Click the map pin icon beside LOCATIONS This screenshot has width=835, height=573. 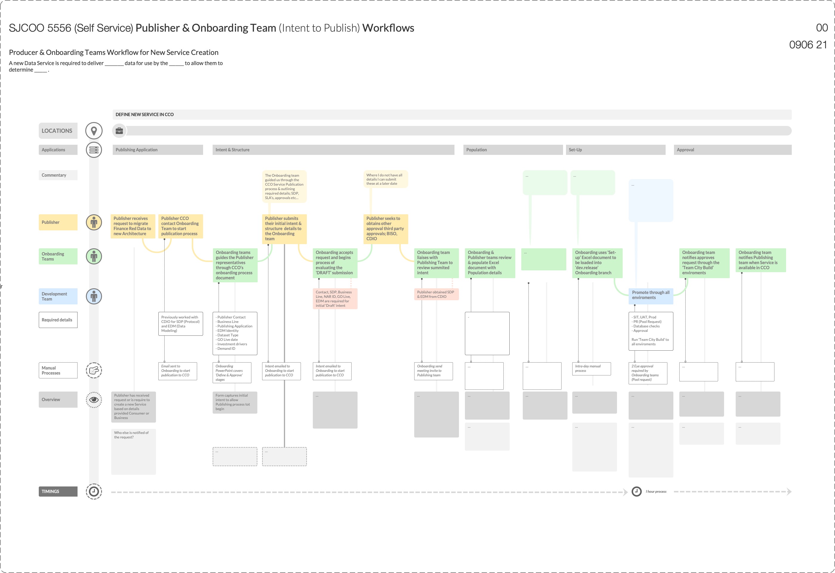[x=94, y=130]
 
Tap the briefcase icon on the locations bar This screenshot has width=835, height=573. [x=119, y=131]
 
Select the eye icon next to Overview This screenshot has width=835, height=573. [x=94, y=400]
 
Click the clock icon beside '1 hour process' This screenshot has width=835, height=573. [x=636, y=492]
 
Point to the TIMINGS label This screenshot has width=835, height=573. [x=58, y=492]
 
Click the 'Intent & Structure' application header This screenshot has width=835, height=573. [x=333, y=150]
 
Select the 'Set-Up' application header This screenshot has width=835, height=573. [x=616, y=150]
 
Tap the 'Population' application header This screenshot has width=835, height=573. [x=513, y=150]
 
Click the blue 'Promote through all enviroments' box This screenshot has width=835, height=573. [x=650, y=295]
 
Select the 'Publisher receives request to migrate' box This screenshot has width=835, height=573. [x=133, y=226]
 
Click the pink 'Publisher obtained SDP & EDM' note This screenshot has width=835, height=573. [x=436, y=294]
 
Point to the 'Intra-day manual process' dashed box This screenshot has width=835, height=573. [x=591, y=369]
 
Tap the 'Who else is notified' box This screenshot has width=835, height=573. [x=133, y=451]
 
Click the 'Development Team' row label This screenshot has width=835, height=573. [x=58, y=296]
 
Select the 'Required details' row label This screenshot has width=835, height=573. [x=58, y=320]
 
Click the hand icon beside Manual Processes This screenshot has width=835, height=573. [x=94, y=370]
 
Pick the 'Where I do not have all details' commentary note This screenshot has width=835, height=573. [x=385, y=179]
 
